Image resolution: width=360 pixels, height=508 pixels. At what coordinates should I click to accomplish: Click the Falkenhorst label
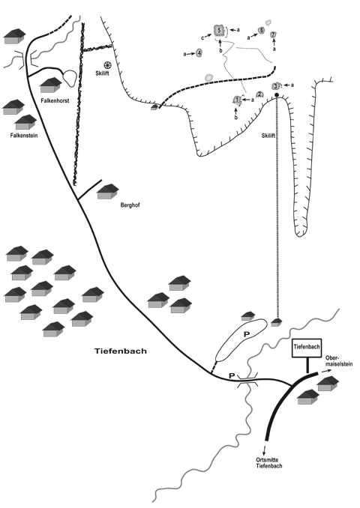coord(55,100)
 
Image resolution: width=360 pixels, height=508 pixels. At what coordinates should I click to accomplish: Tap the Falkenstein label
coord(24,136)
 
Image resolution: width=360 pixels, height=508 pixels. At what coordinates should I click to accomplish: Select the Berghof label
coord(130,205)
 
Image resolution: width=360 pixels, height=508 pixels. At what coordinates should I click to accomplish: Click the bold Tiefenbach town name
coord(121,351)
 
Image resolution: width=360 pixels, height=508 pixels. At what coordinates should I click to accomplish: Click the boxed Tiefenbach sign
coord(307,348)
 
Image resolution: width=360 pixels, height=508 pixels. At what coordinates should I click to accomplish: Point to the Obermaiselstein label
coord(339,361)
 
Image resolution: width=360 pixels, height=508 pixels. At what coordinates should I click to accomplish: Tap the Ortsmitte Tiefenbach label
coord(268,463)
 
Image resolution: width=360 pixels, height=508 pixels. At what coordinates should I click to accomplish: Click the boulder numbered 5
coord(219,31)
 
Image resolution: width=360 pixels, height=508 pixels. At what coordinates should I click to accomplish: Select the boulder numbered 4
coord(199,52)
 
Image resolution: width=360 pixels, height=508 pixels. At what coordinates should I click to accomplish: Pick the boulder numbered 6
coord(261,31)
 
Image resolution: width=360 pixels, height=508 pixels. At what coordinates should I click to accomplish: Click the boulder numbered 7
coord(273,34)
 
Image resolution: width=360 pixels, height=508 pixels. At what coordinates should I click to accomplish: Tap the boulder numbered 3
coord(276,86)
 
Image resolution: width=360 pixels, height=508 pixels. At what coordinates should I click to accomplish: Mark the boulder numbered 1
coord(238,100)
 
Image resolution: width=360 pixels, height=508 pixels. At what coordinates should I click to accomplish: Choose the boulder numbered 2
coord(259,94)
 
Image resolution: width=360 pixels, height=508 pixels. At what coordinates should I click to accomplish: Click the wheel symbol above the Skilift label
coord(107,65)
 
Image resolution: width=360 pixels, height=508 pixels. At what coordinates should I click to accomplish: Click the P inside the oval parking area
coord(247,334)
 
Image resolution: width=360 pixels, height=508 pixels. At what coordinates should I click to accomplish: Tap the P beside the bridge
coord(232,375)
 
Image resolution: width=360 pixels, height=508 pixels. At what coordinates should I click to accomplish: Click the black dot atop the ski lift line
coord(277,95)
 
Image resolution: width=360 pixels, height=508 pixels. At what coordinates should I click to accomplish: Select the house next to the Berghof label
coord(108,192)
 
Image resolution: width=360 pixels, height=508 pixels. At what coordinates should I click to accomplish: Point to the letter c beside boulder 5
coord(202,38)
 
